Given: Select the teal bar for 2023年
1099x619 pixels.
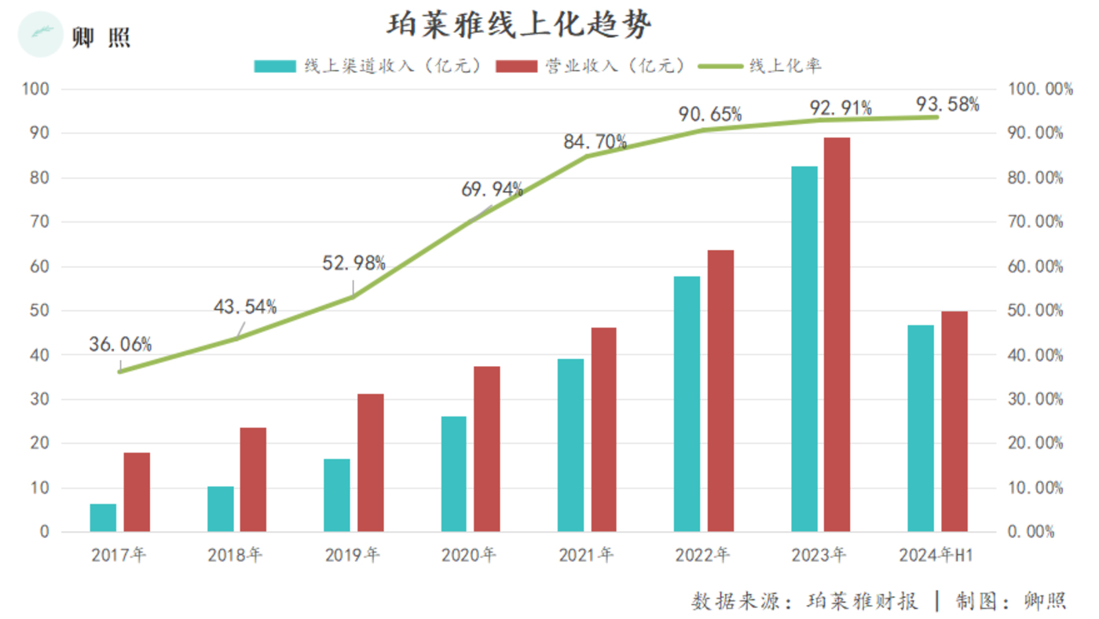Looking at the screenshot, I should pos(804,349).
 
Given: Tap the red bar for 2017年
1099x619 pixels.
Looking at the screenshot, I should pos(137,492).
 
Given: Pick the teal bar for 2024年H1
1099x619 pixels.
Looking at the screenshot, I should pos(921,428).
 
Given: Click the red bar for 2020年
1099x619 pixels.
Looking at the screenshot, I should pos(487,449).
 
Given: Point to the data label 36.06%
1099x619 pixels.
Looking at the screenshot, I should pos(120,344).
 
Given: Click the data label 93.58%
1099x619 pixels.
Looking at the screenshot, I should pos(947,104).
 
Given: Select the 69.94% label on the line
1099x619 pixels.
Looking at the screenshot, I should pos(492,189).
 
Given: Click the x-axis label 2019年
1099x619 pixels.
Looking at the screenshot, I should pos(353,555).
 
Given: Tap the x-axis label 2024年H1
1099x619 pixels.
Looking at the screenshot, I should pos(937,555).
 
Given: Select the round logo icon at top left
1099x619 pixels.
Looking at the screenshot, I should pos(39,35).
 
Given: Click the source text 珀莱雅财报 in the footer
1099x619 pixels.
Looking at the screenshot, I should pos(862,602).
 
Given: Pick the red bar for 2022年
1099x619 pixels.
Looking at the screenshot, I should pos(720,390).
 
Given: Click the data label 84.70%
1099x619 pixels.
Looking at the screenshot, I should pos(595,142).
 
